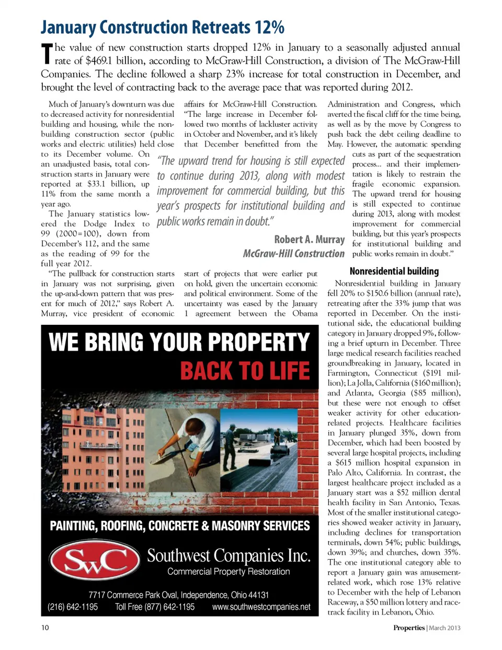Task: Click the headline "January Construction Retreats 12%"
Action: coord(163,27)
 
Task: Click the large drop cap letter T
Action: coord(47,54)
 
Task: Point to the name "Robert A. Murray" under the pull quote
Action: coord(309,239)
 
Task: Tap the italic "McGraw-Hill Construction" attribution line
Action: coord(293,254)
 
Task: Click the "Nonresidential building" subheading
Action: coord(394,271)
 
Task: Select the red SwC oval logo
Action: coord(95,561)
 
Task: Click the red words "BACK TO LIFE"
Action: coord(245,371)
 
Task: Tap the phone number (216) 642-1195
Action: coord(73,607)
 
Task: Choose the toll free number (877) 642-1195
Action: coord(155,607)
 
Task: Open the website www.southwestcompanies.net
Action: coord(261,607)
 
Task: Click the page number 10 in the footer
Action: coord(45,628)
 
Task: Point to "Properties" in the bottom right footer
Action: coord(408,628)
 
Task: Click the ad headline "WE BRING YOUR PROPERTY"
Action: coord(179,342)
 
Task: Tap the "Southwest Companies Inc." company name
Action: coord(229,555)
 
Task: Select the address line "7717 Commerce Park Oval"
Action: coord(178,595)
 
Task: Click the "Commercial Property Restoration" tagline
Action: coord(229,572)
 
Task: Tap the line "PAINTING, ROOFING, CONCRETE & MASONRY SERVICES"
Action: coord(179,526)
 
